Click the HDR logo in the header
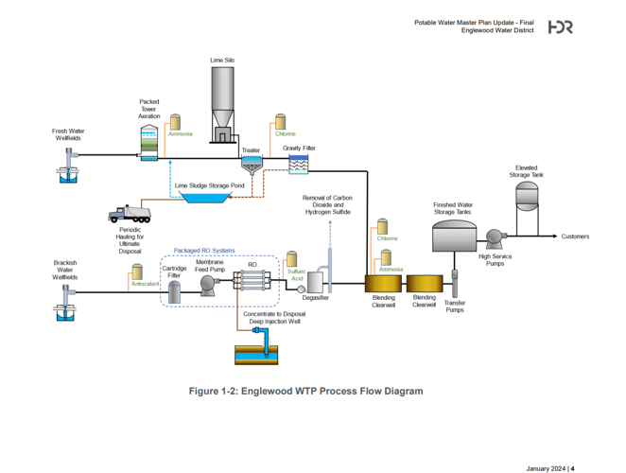coord(560,27)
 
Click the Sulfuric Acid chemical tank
coord(291,259)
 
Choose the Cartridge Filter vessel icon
coord(174,291)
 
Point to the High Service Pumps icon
coord(494,237)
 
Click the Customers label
coord(575,236)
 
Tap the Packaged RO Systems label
coord(204,251)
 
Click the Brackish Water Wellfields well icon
coord(65,306)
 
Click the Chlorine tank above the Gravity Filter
coord(280,123)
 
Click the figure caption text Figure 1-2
coord(305,391)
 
